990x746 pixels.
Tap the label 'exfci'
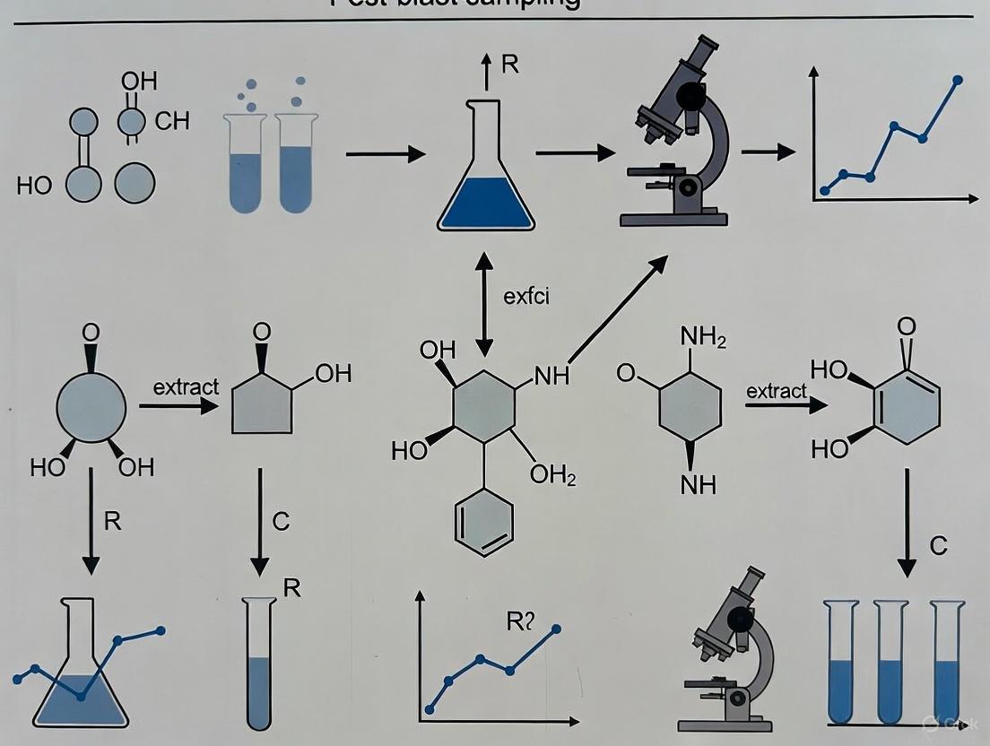click(x=526, y=297)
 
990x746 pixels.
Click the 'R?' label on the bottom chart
click(x=521, y=621)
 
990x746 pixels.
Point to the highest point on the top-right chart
click(x=958, y=80)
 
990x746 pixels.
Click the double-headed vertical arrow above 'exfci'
click(x=484, y=304)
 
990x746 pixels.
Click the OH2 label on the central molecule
click(x=552, y=474)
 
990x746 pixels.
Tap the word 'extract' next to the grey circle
click(x=186, y=387)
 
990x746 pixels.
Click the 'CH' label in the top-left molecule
click(x=172, y=121)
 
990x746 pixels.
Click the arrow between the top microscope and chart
click(x=768, y=152)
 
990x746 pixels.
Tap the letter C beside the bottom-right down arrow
click(x=938, y=545)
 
